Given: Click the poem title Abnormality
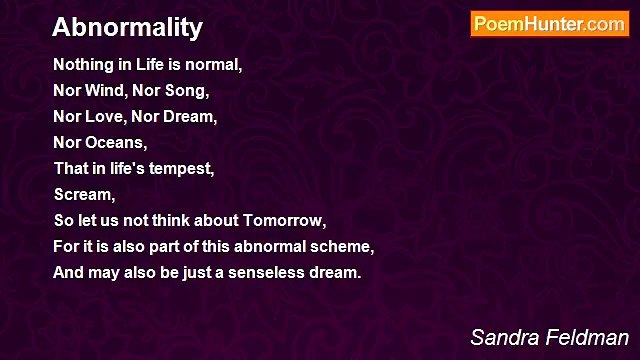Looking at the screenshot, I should click(127, 27).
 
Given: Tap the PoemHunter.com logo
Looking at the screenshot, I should click(549, 25).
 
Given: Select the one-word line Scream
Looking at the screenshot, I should click(84, 195).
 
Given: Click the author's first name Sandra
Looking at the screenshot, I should click(502, 337).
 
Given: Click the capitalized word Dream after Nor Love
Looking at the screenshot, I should click(192, 117).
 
